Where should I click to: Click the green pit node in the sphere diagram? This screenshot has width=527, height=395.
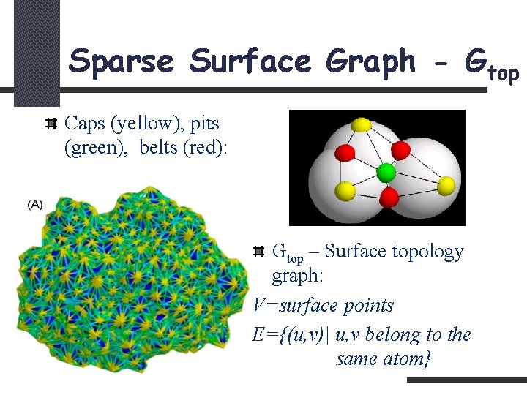(385, 173)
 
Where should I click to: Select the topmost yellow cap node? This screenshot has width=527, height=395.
(361, 125)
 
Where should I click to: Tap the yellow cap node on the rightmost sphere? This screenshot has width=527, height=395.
(446, 183)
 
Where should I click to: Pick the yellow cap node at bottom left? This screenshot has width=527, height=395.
(345, 192)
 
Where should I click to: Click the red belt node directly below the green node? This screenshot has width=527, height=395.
(389, 196)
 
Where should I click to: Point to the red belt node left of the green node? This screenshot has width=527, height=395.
(345, 152)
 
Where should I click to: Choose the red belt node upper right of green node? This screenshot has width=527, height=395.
(400, 150)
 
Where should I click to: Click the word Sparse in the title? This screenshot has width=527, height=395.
(122, 61)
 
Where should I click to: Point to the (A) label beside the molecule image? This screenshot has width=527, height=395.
(34, 204)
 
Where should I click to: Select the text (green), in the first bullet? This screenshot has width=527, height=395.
(97, 147)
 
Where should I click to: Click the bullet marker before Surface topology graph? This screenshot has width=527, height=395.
(258, 252)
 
